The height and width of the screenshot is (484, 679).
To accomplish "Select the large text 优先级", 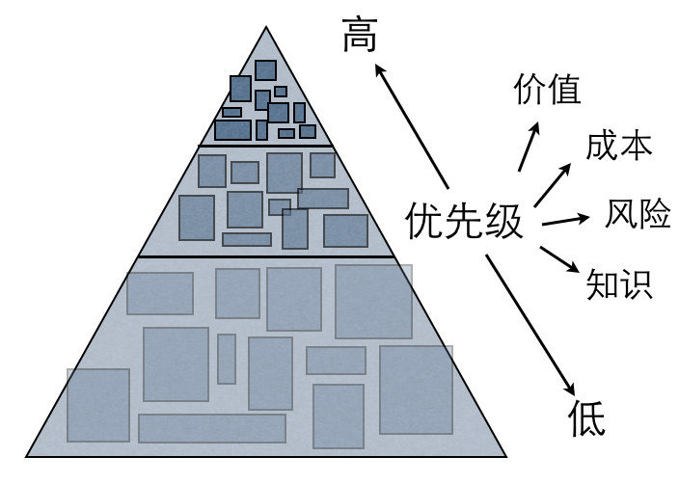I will (464, 221).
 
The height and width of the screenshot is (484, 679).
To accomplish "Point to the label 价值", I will (547, 90).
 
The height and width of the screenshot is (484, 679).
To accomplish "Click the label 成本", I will (619, 146).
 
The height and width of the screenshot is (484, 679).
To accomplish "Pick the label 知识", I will (619, 283).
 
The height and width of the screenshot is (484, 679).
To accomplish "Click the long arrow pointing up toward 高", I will (412, 125).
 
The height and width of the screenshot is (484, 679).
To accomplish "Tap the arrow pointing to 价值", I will (530, 145).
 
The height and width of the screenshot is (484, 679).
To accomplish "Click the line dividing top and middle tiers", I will (265, 146).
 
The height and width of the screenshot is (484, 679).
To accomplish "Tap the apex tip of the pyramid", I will (265, 28).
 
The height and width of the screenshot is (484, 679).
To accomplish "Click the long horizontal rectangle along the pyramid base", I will (212, 428).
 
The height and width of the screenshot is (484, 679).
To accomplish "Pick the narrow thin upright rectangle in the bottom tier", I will (227, 359).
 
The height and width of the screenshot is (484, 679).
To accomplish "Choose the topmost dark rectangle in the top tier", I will (265, 69).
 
